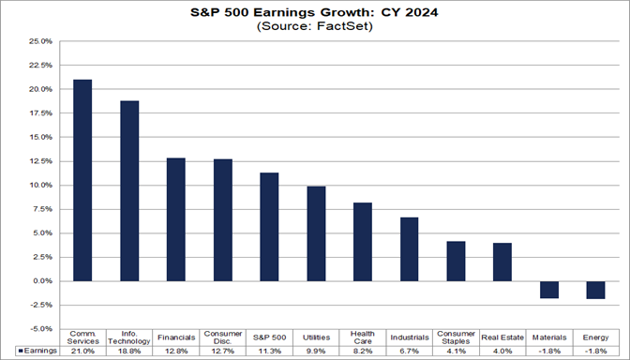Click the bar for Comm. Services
[82, 180]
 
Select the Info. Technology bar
[129, 190]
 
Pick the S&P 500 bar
[269, 226]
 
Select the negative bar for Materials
[549, 289]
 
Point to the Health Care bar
[363, 241]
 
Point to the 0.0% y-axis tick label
[40, 281]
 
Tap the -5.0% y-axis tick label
[39, 329]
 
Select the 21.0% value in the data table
[82, 351]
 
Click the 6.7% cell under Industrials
[410, 351]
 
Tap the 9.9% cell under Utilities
[316, 351]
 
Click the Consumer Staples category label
[456, 337]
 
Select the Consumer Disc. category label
[223, 337]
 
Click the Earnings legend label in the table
[35, 351]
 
